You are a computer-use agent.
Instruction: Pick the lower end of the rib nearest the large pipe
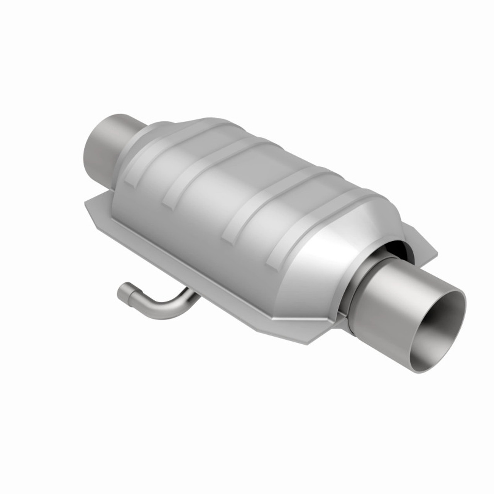275,257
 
